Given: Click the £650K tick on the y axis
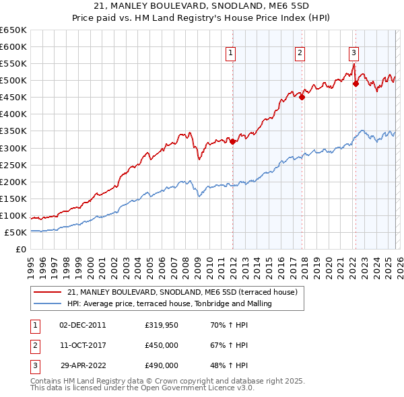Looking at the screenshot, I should click(x=13, y=30).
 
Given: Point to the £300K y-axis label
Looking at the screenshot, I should click(x=13, y=148).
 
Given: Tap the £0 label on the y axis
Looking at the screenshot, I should click(x=21, y=249).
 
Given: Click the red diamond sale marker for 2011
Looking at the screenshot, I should click(x=232, y=142).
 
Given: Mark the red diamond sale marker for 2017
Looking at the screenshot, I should click(x=302, y=97).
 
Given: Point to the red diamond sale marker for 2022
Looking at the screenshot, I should click(x=356, y=84).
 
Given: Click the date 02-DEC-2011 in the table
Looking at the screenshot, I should click(x=82, y=325).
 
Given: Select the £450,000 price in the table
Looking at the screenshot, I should click(x=162, y=345).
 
